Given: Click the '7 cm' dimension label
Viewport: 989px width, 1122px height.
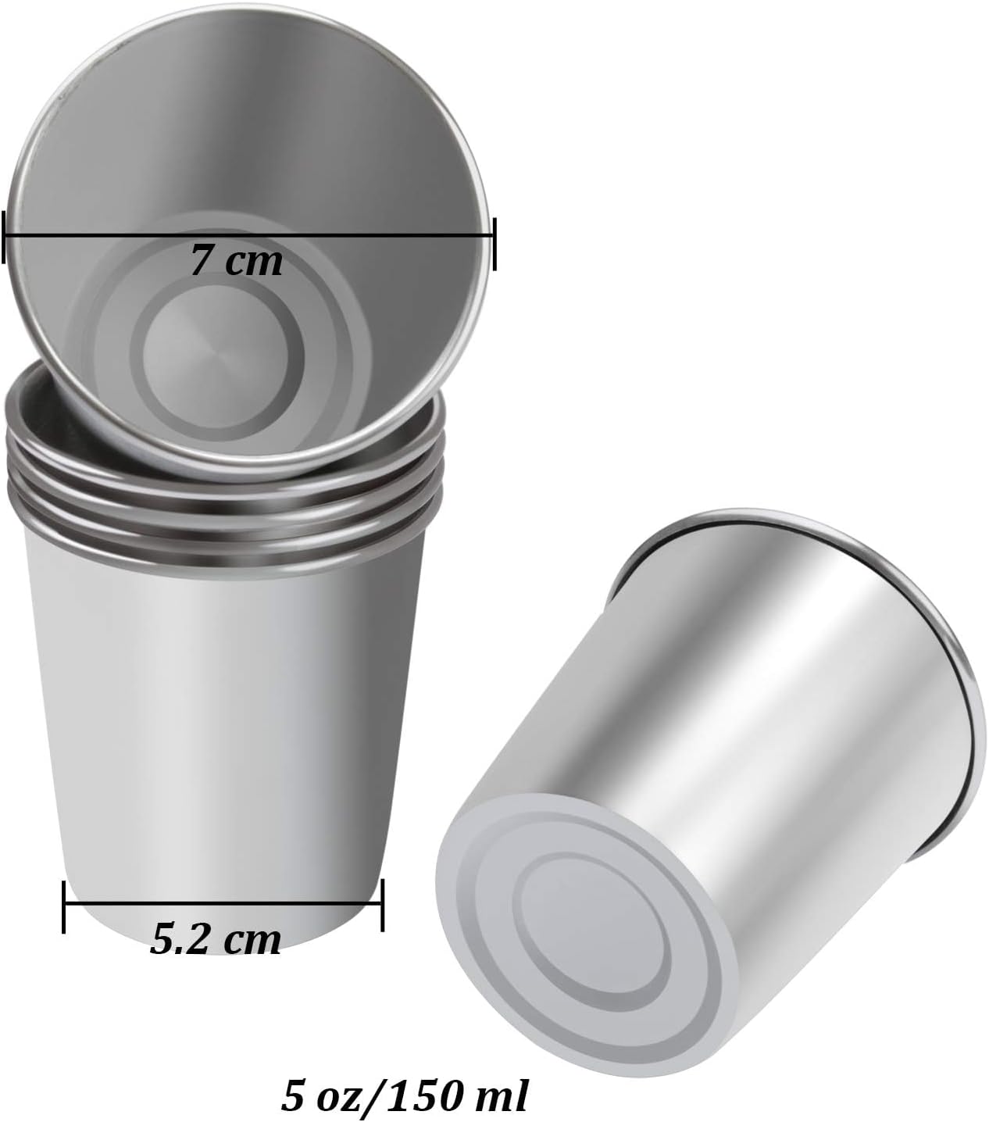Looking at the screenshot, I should tap(236, 260).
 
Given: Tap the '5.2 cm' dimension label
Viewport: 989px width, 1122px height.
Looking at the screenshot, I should tap(215, 940).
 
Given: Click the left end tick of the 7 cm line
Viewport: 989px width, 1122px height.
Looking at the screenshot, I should tap(5, 235).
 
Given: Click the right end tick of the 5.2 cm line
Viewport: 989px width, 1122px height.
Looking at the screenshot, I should tap(382, 906).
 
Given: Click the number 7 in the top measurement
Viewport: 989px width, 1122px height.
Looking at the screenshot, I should tap(202, 260).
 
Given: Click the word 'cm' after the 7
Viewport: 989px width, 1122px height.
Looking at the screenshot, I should tap(255, 262).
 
